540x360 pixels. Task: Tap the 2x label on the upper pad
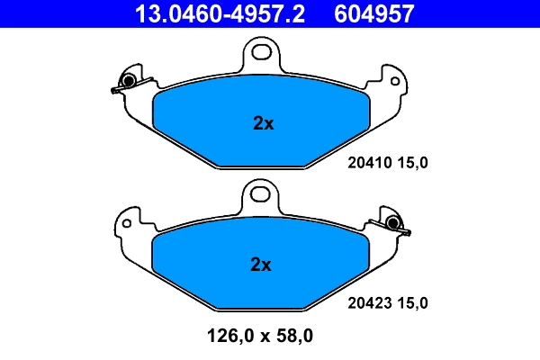pos(263,124)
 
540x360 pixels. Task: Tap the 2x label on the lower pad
pos(260,265)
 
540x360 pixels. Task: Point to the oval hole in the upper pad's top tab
pos(264,51)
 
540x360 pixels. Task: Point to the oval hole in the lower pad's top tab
pos(260,192)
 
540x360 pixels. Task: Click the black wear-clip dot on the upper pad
pos(129,81)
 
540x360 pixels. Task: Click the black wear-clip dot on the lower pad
pos(393,222)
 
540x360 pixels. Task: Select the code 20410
pos(366,163)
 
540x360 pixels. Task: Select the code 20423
pos(366,303)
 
